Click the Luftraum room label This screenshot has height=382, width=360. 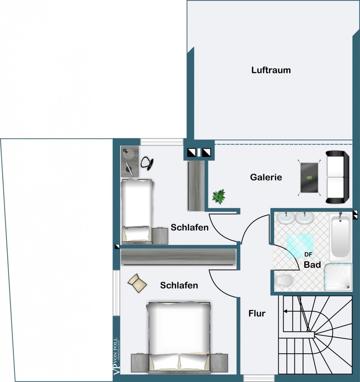(271, 70)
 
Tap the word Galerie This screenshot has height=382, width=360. (266, 177)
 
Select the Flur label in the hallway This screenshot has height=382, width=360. (257, 313)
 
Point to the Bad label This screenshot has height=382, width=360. (312, 265)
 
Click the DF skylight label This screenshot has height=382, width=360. (308, 254)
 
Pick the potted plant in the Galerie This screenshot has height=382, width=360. (219, 197)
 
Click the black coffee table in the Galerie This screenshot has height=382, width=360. (309, 177)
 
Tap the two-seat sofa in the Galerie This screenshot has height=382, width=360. (337, 177)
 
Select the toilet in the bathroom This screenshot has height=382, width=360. (283, 281)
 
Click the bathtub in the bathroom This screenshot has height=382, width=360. (340, 237)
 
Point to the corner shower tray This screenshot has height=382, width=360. (338, 277)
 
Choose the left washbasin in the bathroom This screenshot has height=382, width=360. (286, 218)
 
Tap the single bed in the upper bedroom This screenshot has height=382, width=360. (137, 211)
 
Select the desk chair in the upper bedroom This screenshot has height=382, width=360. (147, 163)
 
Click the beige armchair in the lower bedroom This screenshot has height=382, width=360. (137, 283)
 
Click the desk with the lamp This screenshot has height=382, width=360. (130, 162)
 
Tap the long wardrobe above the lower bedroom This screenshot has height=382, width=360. (179, 257)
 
